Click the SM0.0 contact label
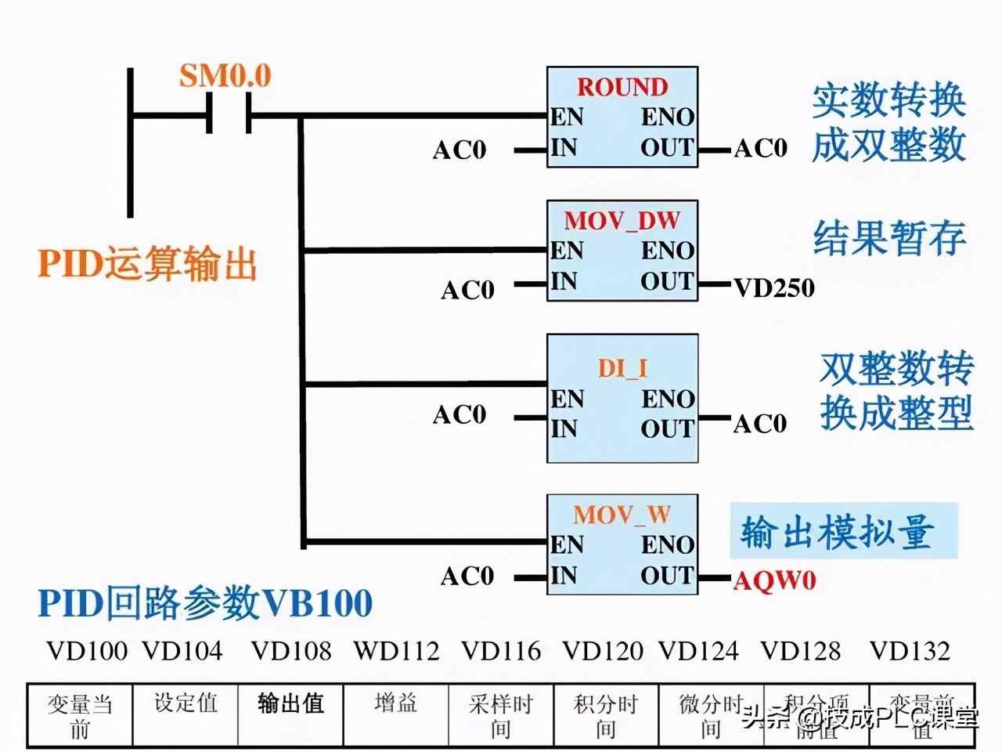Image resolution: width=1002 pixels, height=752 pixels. (225, 76)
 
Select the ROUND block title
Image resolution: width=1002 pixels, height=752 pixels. (622, 86)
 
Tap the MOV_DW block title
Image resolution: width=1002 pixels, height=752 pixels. (622, 220)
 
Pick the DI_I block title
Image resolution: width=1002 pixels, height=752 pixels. (622, 368)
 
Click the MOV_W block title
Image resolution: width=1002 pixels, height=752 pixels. (622, 515)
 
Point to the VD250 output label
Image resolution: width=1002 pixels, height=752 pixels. (773, 288)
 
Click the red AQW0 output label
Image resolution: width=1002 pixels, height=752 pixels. (774, 580)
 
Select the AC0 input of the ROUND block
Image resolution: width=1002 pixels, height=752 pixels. (460, 150)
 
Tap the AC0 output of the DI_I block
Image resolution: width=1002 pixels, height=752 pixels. (759, 424)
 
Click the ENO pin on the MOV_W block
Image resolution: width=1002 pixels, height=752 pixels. (668, 545)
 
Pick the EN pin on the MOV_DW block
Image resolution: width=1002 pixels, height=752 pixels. (567, 251)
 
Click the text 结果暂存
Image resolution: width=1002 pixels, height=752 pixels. (889, 237)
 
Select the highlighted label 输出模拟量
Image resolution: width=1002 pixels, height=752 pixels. (837, 532)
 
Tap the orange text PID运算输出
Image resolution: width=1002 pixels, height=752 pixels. (147, 264)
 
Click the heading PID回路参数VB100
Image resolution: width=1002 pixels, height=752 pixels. (205, 603)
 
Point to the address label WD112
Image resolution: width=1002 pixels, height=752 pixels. (396, 650)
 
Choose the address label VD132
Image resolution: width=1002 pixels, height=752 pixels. (910, 650)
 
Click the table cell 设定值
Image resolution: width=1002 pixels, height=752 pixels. (186, 703)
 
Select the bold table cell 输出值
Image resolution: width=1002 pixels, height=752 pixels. (290, 703)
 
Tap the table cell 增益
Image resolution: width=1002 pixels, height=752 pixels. (395, 703)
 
